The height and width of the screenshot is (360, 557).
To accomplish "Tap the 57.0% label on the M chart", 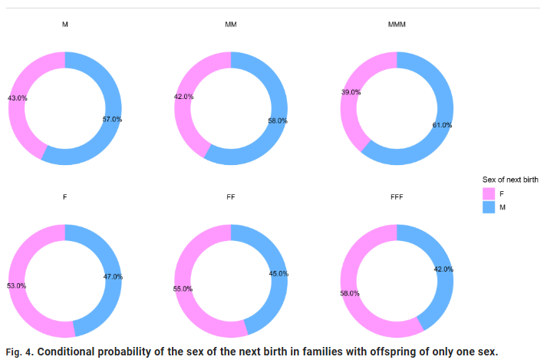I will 112,119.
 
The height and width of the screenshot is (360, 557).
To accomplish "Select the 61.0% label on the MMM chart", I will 442,124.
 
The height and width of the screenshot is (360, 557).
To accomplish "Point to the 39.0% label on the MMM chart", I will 351,91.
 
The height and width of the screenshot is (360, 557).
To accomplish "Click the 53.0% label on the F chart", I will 17,286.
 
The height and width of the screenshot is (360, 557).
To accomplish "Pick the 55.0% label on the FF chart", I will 183,289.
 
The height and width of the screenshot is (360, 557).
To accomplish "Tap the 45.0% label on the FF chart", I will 278,273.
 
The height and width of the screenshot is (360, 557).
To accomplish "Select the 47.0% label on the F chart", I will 112,276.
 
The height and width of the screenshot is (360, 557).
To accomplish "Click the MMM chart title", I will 397,25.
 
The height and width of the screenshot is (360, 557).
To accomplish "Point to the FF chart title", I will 231,197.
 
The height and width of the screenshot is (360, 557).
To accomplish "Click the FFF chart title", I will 397,197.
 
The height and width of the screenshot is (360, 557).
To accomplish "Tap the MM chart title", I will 231,25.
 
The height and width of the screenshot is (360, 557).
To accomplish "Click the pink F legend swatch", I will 488,193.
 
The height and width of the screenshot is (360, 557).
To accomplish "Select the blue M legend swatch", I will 488,206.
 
